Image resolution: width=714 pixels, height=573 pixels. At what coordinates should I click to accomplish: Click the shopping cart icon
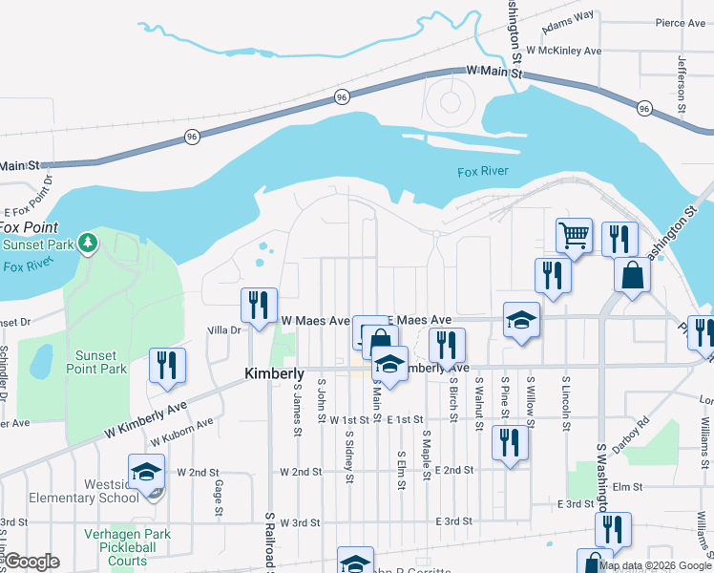[573, 234]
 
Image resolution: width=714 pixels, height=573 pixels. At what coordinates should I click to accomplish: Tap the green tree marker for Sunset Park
[88, 244]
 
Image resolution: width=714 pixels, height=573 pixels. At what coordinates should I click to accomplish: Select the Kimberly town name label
[274, 373]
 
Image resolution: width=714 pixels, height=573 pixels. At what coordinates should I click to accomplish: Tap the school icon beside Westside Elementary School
[147, 472]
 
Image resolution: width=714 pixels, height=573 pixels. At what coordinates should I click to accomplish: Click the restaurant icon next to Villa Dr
[259, 305]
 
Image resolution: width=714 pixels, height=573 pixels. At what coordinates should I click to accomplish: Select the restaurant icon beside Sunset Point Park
[167, 365]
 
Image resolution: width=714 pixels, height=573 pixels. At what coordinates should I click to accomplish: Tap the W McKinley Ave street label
[563, 50]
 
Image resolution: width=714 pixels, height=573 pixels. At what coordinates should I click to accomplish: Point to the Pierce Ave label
[680, 23]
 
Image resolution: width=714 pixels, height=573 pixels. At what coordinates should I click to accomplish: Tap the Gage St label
[219, 498]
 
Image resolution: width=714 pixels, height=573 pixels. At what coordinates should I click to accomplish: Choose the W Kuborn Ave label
[181, 433]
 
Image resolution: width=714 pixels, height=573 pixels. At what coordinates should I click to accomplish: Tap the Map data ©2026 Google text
[654, 565]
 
